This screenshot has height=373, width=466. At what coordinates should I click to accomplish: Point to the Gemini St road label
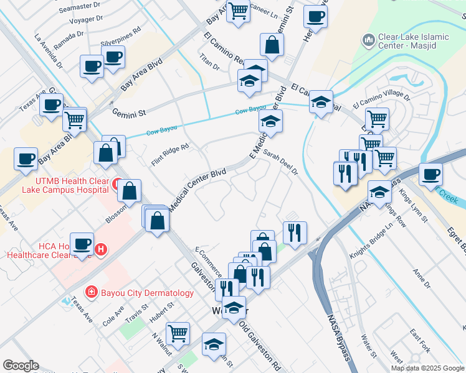pos(129,113)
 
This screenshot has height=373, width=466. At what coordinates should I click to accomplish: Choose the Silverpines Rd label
pos(120,45)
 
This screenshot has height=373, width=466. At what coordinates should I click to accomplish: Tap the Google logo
pos(21,366)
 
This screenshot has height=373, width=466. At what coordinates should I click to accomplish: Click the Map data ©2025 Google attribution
pos(427,368)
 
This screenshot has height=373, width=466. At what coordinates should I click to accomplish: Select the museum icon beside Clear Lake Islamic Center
pos(368,40)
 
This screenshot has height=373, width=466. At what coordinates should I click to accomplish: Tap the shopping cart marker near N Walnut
pos(178,333)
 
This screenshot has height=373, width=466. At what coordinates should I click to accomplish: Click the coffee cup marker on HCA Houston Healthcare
pos(82,243)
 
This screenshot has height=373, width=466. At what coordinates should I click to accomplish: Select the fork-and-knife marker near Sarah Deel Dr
pos(295,232)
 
